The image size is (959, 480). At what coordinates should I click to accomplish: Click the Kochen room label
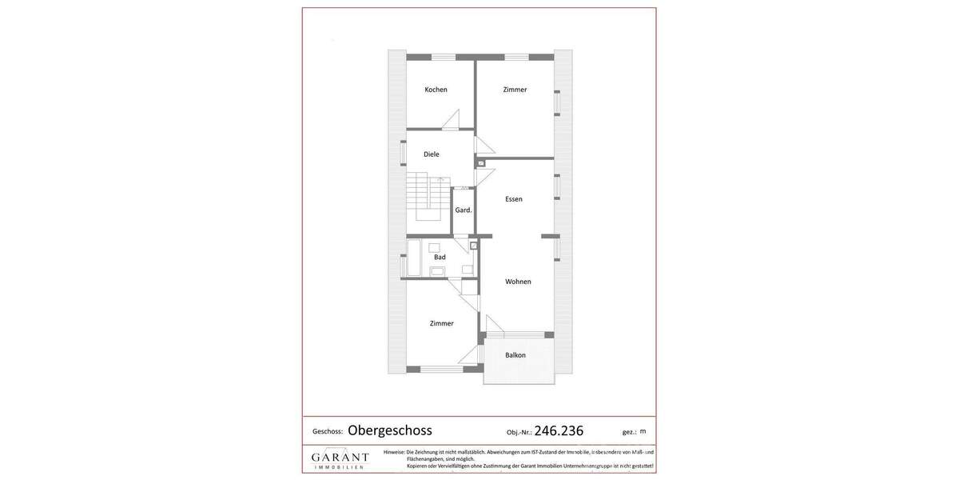tap(436, 90)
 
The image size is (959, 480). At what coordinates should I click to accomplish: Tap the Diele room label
tap(432, 154)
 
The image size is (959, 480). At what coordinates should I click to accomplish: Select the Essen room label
tap(514, 199)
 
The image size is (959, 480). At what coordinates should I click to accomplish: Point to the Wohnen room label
tap(518, 282)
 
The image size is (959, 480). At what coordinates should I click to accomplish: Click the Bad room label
tap(440, 257)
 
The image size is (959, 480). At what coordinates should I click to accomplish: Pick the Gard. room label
tap(464, 210)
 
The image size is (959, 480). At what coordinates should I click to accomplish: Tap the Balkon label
tap(515, 355)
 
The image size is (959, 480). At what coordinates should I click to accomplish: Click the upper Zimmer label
tap(515, 90)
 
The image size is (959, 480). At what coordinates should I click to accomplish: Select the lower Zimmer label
tap(441, 323)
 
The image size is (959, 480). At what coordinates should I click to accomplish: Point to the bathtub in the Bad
tap(414, 258)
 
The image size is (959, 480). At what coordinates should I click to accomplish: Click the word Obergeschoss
tap(390, 430)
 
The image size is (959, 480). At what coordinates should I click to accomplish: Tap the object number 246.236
tap(559, 430)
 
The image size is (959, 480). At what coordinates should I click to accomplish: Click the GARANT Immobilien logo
tap(340, 459)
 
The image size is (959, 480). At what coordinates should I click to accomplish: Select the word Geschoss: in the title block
tap(328, 432)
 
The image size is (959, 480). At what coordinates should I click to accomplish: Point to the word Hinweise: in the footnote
tap(394, 452)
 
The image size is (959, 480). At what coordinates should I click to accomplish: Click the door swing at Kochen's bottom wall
tap(451, 119)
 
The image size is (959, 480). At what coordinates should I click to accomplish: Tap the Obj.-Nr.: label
tap(519, 432)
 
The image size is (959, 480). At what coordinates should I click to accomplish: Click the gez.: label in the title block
tap(630, 432)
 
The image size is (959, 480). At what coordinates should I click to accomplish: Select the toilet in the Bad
tap(437, 271)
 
